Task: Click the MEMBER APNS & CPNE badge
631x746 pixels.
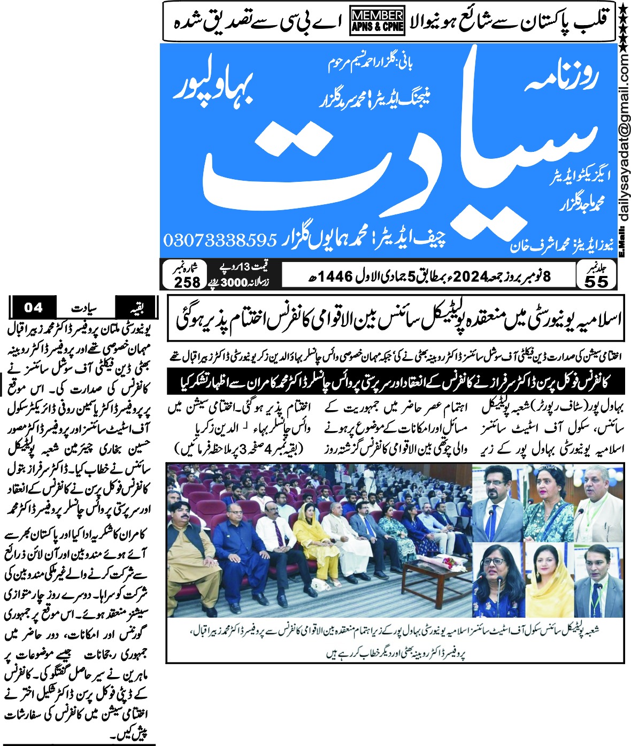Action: coord(377,21)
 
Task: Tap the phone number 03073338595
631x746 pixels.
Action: coord(219,240)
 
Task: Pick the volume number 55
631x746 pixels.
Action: coord(596,281)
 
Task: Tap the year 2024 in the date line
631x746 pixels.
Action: coord(472,276)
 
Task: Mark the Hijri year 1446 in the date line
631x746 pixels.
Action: coord(337,276)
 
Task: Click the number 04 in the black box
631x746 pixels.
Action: coord(33,307)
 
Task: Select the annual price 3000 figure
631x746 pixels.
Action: coord(236,281)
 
